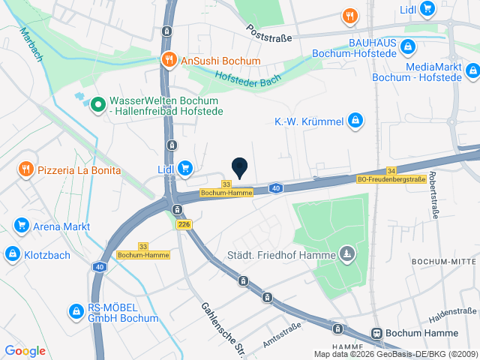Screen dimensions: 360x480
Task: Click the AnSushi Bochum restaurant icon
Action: click(x=169, y=60)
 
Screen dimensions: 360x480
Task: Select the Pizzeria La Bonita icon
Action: click(x=26, y=169)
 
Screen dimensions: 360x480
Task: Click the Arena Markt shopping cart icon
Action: click(x=21, y=226)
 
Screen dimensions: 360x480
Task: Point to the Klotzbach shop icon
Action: click(x=12, y=254)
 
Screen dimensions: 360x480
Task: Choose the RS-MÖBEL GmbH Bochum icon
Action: click(x=75, y=310)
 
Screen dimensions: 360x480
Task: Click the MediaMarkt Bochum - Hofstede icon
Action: click(x=472, y=71)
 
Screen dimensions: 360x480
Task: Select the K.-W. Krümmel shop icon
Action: click(x=355, y=121)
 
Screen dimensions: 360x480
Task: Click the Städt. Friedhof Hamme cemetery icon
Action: click(x=346, y=255)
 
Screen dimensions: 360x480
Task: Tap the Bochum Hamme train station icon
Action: click(x=377, y=333)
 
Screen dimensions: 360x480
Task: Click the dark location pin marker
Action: click(x=239, y=167)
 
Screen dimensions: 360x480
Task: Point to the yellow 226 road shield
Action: click(x=184, y=224)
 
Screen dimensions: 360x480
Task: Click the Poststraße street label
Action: click(x=269, y=32)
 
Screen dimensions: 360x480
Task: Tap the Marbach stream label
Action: click(x=31, y=44)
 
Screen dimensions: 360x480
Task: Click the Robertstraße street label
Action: click(x=433, y=214)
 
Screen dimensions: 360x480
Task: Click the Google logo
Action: click(x=25, y=350)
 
